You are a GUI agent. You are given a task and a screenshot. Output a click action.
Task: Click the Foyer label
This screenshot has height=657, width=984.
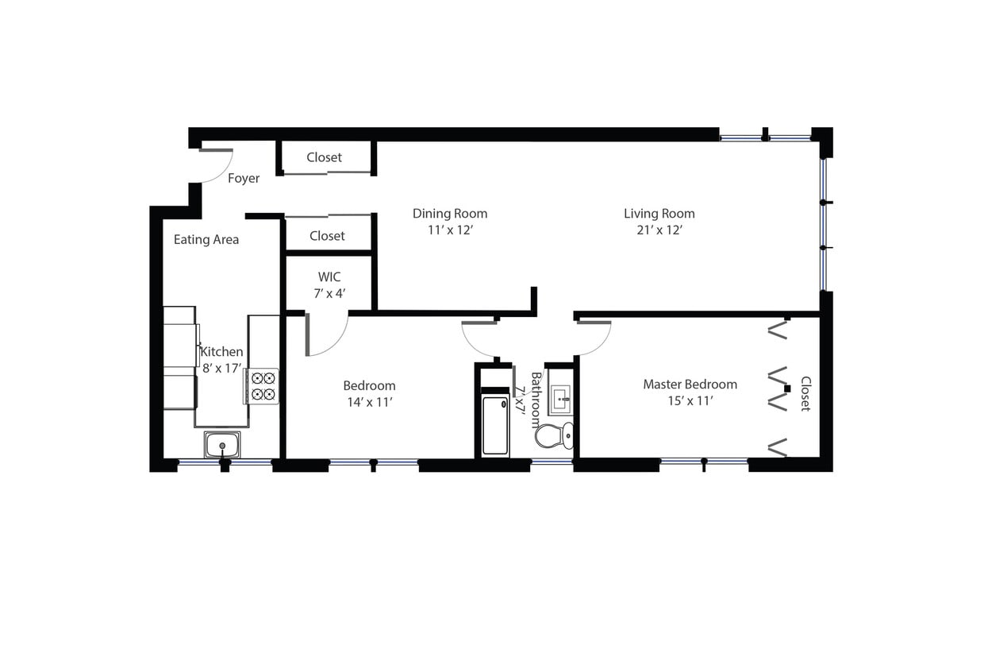pyautogui.click(x=244, y=179)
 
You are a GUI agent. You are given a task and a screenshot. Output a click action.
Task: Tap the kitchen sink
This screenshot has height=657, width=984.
pyautogui.click(x=222, y=445)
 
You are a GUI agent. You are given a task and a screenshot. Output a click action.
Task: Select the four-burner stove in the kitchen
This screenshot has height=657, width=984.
pyautogui.click(x=263, y=386)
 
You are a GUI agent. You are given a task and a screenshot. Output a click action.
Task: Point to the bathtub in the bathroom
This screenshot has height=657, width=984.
pyautogui.click(x=496, y=426)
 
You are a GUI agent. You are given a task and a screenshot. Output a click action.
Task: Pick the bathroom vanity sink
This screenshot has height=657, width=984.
pyautogui.click(x=559, y=397)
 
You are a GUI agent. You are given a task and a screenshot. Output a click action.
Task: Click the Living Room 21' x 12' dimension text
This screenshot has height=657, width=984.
pyautogui.click(x=659, y=230)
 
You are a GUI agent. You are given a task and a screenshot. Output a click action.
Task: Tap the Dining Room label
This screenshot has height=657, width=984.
pyautogui.click(x=450, y=214)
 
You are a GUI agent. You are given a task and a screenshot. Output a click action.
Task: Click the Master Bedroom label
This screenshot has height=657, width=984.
pyautogui.click(x=690, y=385)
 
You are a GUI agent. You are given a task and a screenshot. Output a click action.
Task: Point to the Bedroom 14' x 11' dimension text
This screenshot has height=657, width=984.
pyautogui.click(x=369, y=402)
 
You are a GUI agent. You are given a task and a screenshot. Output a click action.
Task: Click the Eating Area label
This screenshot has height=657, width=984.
pyautogui.click(x=206, y=239)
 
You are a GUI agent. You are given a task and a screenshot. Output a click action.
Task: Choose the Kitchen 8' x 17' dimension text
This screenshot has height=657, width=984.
pyautogui.click(x=221, y=368)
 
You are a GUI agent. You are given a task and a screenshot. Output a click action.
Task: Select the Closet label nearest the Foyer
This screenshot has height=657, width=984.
pyautogui.click(x=325, y=157)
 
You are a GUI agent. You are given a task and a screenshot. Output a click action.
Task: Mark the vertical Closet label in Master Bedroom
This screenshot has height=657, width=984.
pyautogui.click(x=805, y=393)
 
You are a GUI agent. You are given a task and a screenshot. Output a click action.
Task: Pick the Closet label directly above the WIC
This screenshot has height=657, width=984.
pyautogui.click(x=327, y=236)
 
